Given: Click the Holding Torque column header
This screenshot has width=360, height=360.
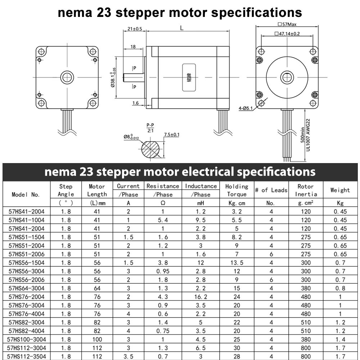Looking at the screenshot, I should pyautogui.click(x=237, y=190).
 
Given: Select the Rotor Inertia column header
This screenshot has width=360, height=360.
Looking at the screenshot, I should pyautogui.click(x=306, y=190).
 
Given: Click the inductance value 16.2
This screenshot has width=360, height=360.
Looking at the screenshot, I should pyautogui.click(x=201, y=297).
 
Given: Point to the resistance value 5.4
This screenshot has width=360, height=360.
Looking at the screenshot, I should pyautogui.click(x=163, y=220).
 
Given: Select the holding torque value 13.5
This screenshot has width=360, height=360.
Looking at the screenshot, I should pyautogui.click(x=237, y=262).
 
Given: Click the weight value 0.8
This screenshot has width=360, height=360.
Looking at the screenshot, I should pyautogui.click(x=340, y=288).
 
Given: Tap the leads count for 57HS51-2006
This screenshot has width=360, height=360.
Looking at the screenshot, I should pyautogui.click(x=271, y=254).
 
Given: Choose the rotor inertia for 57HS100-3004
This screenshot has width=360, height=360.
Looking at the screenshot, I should pyautogui.click(x=306, y=339).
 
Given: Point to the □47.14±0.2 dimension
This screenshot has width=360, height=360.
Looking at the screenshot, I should pyautogui.click(x=287, y=34).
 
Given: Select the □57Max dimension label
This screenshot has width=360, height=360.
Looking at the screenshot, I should pyautogui.click(x=287, y=25).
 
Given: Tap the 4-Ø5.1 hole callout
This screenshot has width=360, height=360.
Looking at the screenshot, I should pyautogui.click(x=246, y=108).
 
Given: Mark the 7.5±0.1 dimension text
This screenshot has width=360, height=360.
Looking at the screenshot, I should pyautogui.click(x=172, y=135).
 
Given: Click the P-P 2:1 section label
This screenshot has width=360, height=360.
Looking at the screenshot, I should pyautogui.click(x=150, y=128).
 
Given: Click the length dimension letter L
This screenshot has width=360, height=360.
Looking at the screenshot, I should pyautogui.click(x=182, y=28).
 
